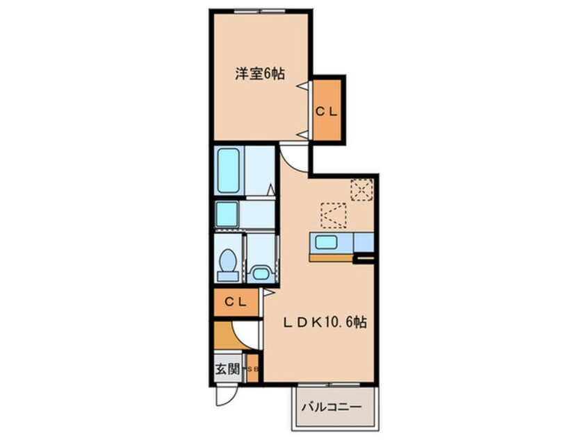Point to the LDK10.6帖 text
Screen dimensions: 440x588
[x=324, y=322]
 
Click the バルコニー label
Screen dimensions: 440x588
[x=331, y=407]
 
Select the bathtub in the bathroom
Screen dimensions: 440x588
[x=228, y=170]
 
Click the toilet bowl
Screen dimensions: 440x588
[x=227, y=264]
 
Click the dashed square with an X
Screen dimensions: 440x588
[x=361, y=189]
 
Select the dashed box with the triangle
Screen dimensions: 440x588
[x=333, y=215]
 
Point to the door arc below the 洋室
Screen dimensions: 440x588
[x=294, y=157]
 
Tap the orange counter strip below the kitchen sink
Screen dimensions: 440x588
[x=332, y=257]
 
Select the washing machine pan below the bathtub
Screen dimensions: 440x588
[x=227, y=214]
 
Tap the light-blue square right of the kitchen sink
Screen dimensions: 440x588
[x=364, y=242]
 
